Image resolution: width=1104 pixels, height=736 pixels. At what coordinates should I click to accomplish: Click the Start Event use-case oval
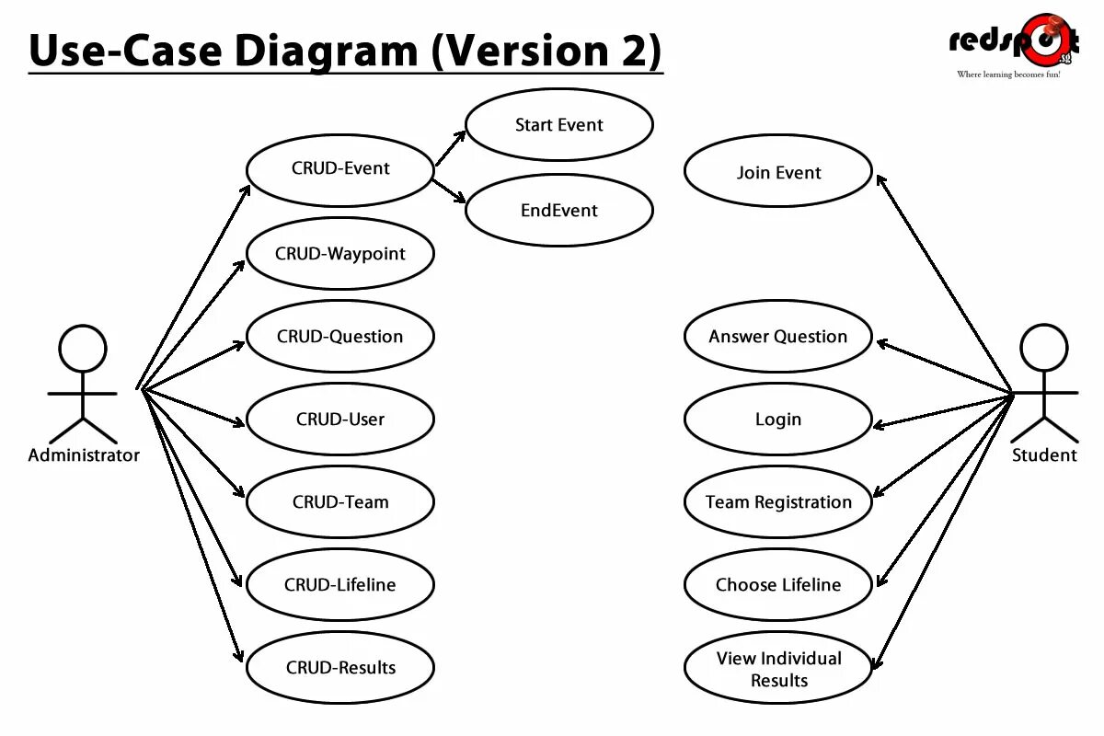559,125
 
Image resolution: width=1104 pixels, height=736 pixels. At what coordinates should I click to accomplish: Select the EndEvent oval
559,211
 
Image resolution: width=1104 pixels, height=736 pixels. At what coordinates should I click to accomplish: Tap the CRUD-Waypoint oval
340,254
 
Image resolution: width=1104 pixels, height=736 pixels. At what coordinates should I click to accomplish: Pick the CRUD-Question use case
340,337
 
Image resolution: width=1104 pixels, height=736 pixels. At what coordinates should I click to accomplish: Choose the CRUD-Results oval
340,668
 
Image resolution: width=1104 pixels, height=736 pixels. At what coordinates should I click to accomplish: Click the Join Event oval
778,173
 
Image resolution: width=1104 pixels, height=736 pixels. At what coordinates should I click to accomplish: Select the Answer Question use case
778,337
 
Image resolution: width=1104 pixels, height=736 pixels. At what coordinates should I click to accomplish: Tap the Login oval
778,420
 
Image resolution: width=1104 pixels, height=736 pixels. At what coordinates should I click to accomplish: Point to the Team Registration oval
778,502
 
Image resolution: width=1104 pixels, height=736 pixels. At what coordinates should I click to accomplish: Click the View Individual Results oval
778,669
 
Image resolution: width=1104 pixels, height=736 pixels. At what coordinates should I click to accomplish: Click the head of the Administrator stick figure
83,350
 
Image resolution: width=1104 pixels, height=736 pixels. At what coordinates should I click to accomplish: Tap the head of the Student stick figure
1045,348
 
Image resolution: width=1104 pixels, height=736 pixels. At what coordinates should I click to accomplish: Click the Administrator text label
84,455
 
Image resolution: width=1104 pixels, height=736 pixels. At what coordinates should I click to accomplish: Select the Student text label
1044,455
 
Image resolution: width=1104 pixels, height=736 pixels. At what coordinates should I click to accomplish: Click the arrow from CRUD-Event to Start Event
451,148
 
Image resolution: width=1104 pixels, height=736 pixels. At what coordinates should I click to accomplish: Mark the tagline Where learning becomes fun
1008,75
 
